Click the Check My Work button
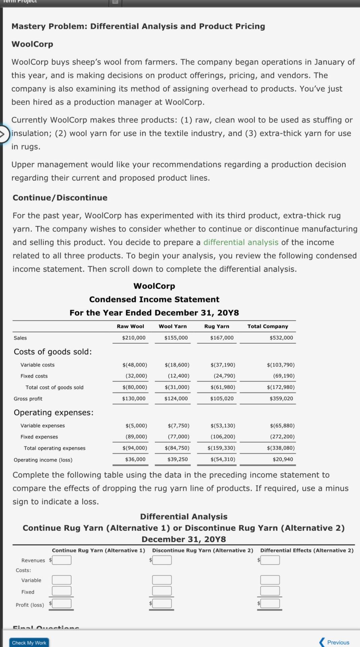coord(29,643)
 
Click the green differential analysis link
coord(241,242)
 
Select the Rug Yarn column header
coord(217,326)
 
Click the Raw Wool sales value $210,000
coord(134,338)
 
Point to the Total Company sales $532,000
coord(281,338)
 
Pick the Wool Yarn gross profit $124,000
coord(176,398)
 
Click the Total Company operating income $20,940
coord(283,459)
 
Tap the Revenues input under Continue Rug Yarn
coord(62,560)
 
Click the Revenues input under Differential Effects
coord(270,560)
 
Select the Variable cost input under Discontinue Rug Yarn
coord(162,580)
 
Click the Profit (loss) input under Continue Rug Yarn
coord(62,603)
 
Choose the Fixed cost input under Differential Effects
coord(270,591)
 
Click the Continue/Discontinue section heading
coord(60,198)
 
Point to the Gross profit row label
coord(28,399)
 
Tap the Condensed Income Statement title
coord(154,299)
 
